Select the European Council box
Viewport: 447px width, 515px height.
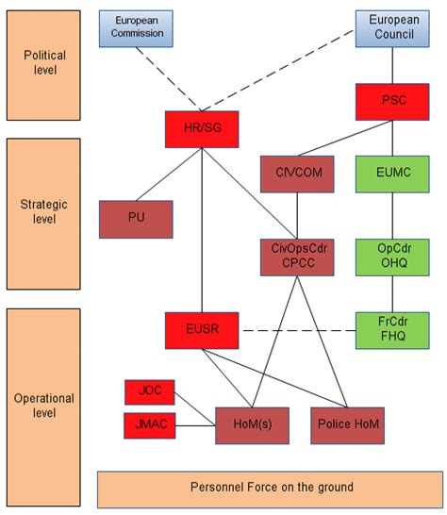pos(391,27)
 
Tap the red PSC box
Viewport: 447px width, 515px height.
pos(391,101)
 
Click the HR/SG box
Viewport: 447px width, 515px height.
pos(201,129)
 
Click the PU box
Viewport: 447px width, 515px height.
pos(137,219)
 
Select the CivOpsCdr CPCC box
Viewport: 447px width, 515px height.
pos(297,256)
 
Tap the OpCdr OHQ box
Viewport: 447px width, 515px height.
pos(391,256)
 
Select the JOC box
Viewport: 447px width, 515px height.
pos(150,391)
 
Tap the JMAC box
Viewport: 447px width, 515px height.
pos(150,425)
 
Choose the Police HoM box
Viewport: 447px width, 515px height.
pos(348,425)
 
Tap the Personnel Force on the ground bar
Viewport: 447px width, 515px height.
pos(272,488)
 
